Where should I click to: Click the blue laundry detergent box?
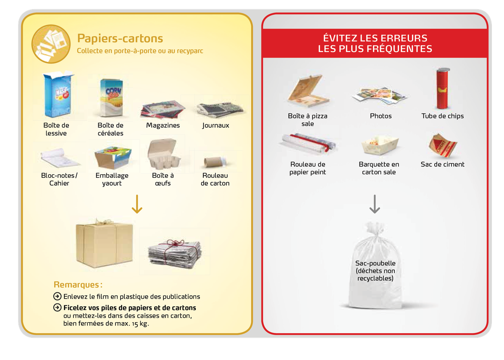(x=58, y=95)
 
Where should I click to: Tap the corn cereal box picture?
(x=111, y=97)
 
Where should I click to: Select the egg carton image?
(x=163, y=154)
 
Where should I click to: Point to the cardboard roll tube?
(x=215, y=162)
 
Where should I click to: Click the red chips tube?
(x=443, y=89)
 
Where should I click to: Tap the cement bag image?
(x=442, y=145)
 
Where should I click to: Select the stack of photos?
(x=380, y=95)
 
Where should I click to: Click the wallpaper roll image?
(x=309, y=143)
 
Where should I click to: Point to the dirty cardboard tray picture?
(x=380, y=145)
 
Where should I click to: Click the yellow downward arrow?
(x=137, y=204)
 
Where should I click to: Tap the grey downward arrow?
(x=375, y=204)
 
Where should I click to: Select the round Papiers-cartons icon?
(x=51, y=44)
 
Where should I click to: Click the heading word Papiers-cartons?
(x=120, y=38)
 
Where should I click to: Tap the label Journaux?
(x=215, y=125)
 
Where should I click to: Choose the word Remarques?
(x=76, y=285)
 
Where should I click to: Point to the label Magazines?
(x=163, y=125)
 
